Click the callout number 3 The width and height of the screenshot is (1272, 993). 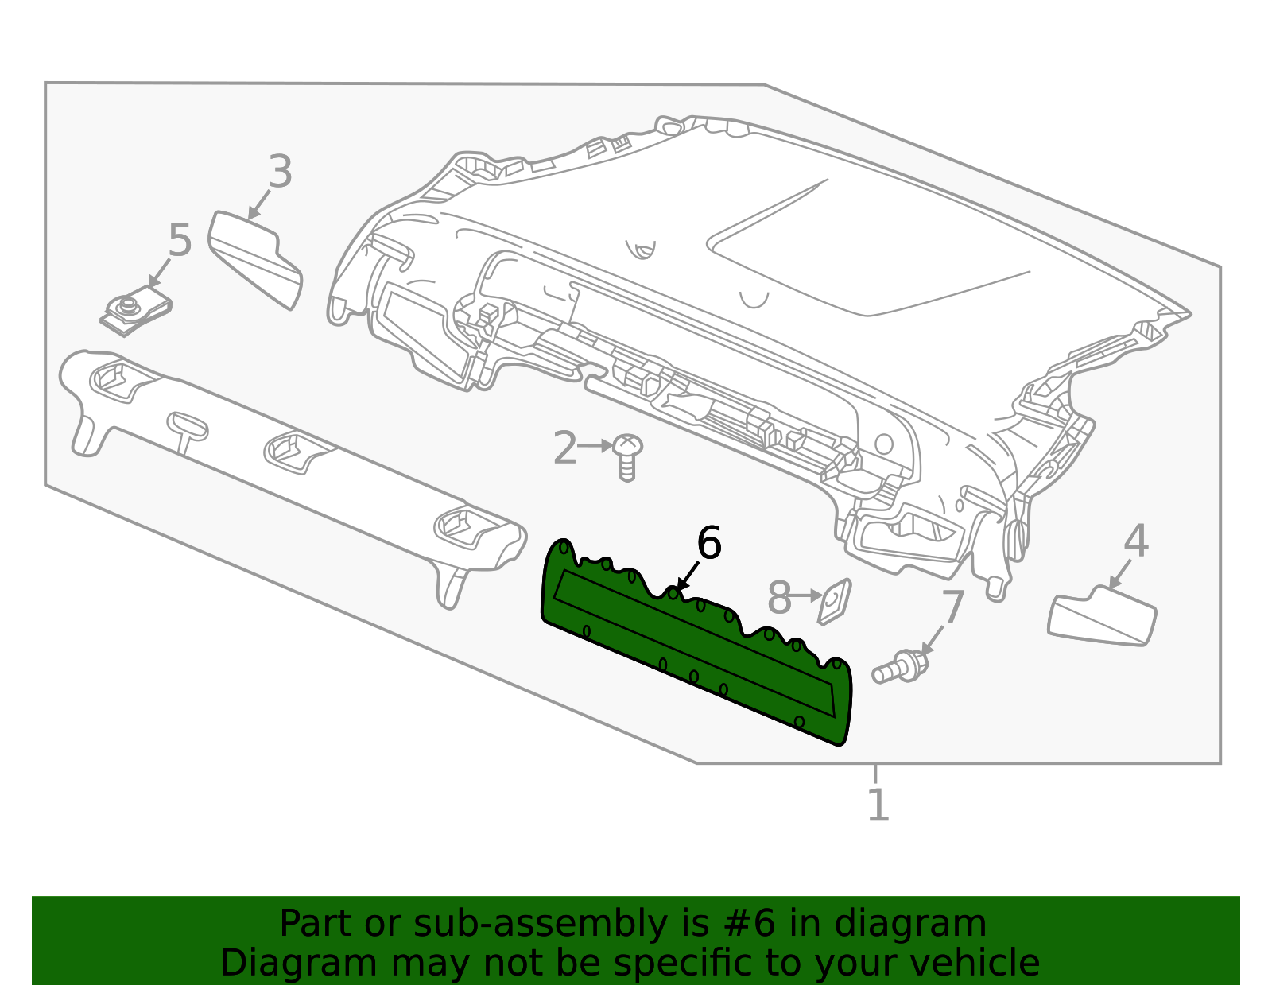(x=279, y=172)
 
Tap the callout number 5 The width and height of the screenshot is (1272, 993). (x=180, y=240)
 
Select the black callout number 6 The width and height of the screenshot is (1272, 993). (x=708, y=544)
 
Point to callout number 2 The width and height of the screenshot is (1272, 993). (x=564, y=448)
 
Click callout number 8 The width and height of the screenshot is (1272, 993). (x=779, y=598)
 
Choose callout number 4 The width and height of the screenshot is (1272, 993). (x=1135, y=541)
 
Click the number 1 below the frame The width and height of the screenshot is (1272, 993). (x=877, y=805)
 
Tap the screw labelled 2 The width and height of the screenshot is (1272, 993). (x=628, y=456)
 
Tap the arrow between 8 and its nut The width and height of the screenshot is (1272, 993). (x=807, y=595)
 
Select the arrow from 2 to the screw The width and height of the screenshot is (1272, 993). (x=595, y=446)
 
